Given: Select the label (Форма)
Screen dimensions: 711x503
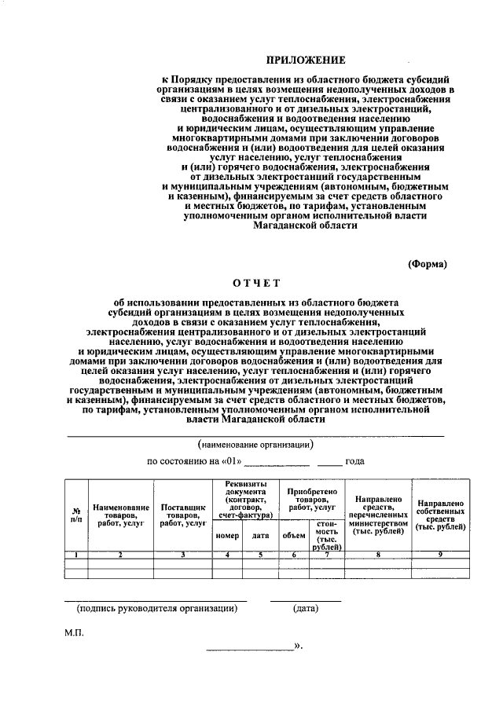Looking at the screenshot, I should (x=428, y=264).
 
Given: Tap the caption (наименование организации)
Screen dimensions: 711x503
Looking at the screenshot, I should (x=255, y=445).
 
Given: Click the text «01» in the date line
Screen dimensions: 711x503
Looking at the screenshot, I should (x=229, y=461).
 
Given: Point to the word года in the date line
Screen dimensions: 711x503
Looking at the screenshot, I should (x=354, y=461).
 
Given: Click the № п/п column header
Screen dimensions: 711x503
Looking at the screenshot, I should (x=75, y=515).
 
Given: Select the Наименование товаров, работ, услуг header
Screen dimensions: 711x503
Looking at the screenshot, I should (x=120, y=515).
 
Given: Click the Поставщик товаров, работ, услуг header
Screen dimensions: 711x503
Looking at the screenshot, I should (x=182, y=515).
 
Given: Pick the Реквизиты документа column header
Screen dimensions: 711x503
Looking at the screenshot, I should (x=245, y=499).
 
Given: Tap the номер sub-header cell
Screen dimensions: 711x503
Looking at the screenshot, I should (x=226, y=535).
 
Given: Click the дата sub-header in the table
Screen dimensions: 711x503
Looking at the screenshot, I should (x=260, y=535).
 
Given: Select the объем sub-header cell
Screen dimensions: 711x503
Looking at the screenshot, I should (x=293, y=535).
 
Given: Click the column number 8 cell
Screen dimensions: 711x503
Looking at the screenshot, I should (x=378, y=555).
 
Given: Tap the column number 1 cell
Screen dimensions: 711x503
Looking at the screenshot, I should (x=75, y=555).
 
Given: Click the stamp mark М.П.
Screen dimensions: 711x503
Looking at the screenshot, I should (x=74, y=631).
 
